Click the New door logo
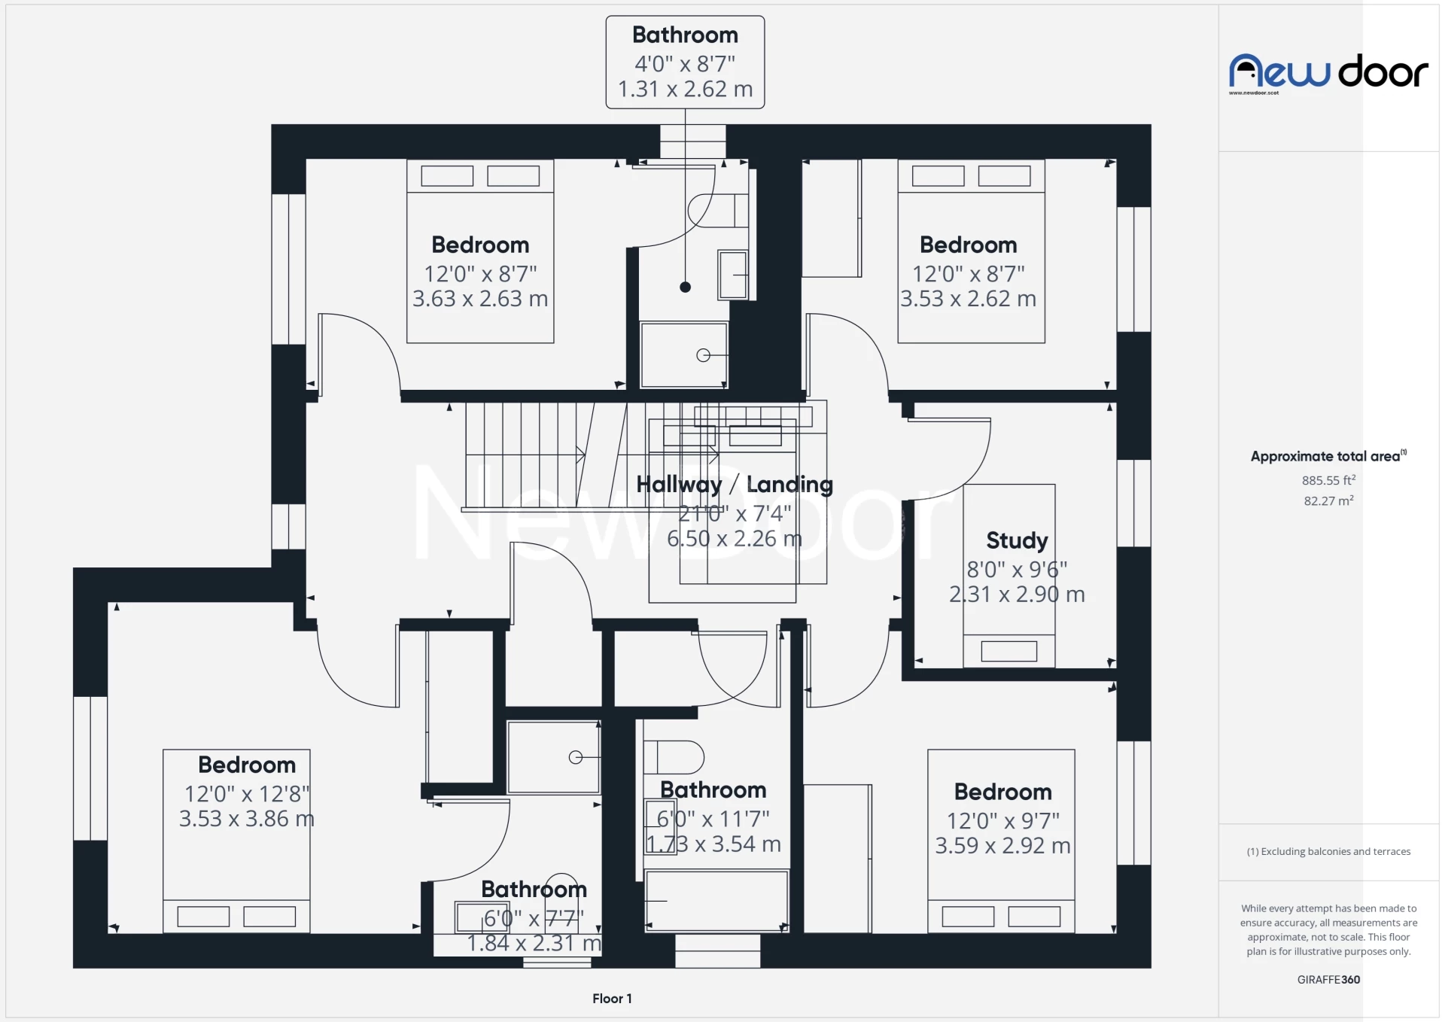point(1328,72)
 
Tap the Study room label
point(1017,540)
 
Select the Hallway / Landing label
point(735,485)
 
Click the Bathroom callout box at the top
point(685,62)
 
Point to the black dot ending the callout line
point(685,287)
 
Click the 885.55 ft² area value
point(1328,480)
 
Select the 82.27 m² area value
point(1328,500)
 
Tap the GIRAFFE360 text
point(1328,979)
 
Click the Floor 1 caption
point(612,999)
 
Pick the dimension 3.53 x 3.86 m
point(247,819)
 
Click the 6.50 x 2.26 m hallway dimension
point(735,539)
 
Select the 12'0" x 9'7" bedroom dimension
point(1002,820)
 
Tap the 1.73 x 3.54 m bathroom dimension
point(713,844)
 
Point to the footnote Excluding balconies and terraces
point(1328,851)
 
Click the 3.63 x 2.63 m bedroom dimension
point(480,299)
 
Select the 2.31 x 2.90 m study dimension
point(1017,595)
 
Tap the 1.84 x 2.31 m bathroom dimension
point(534,943)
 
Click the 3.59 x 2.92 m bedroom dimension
point(1002,846)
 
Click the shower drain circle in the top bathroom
point(703,355)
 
